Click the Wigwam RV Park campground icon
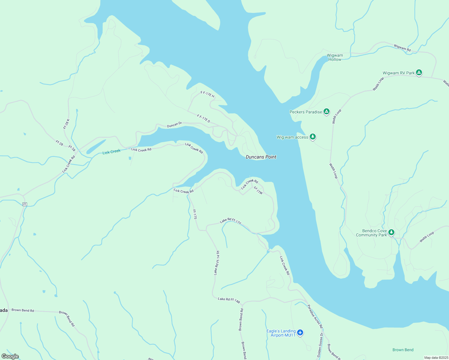(x=419, y=73)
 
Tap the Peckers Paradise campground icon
(x=327, y=112)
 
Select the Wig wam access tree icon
(x=313, y=137)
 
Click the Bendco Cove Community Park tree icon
(x=391, y=232)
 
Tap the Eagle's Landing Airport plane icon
(x=300, y=332)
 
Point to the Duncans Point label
(x=261, y=157)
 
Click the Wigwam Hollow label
(x=335, y=57)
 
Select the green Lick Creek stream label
(x=111, y=152)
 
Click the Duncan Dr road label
(x=174, y=124)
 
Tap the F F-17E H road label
(x=207, y=94)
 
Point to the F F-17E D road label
(x=203, y=118)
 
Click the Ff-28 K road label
(x=66, y=124)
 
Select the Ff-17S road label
(x=195, y=214)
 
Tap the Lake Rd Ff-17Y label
(x=231, y=221)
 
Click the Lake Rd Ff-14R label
(x=229, y=300)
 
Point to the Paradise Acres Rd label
(x=315, y=316)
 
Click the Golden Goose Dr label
(x=320, y=345)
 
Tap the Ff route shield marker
(x=25, y=204)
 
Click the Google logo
(x=10, y=356)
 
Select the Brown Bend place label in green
(x=403, y=350)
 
